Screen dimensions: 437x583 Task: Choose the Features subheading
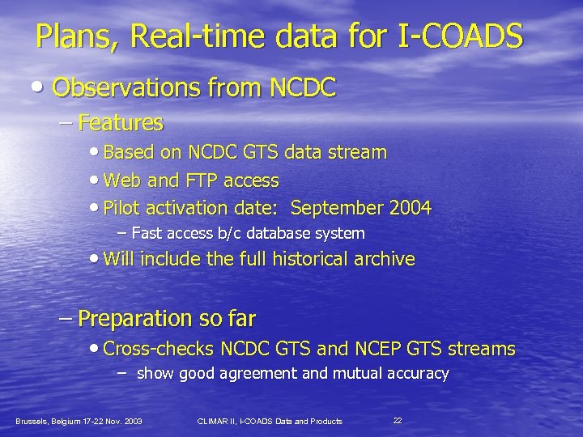coord(121,123)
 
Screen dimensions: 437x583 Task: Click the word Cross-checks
coord(157,349)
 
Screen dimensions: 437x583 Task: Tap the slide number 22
coord(398,420)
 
